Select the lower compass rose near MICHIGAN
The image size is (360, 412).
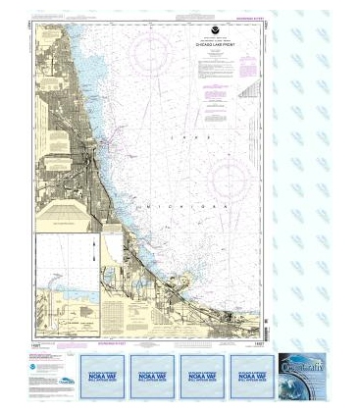[225, 178]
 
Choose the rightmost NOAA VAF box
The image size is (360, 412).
[253, 374]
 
